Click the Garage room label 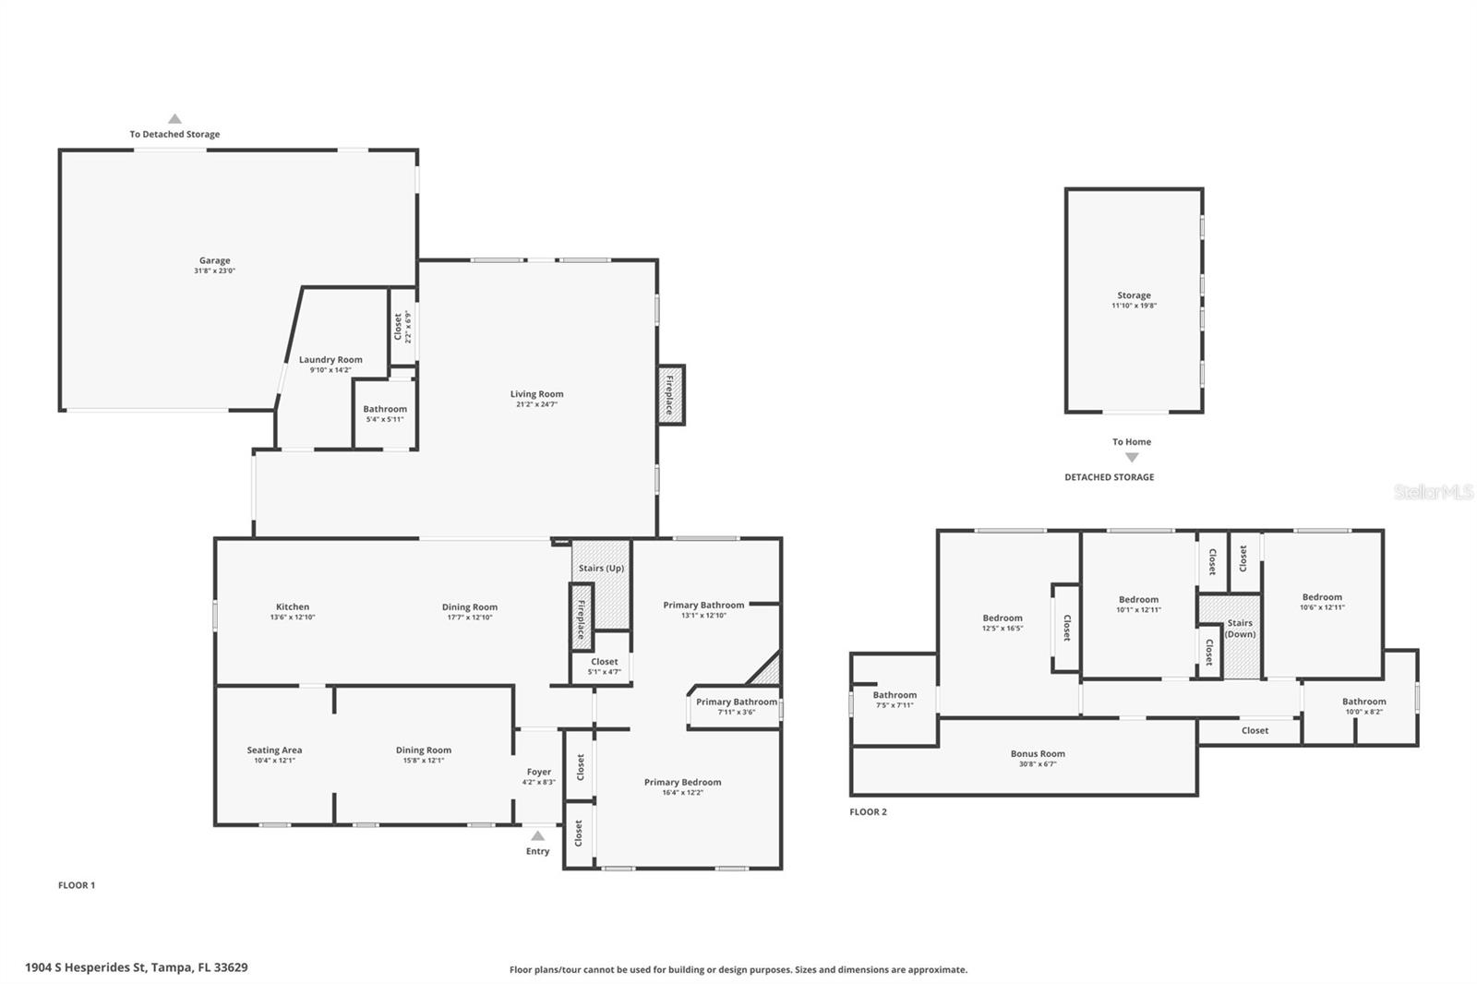(x=214, y=261)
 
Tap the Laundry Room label (x=330, y=360)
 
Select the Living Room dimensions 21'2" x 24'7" (x=536, y=404)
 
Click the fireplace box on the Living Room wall (x=670, y=395)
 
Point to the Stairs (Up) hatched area (x=602, y=583)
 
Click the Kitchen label (x=293, y=607)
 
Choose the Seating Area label (x=274, y=750)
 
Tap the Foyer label (x=539, y=772)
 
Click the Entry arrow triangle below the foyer (x=537, y=835)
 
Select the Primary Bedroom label (x=682, y=783)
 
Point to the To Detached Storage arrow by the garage (x=174, y=119)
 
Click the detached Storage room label (x=1134, y=295)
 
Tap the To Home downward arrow (x=1132, y=458)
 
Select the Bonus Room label (x=1038, y=754)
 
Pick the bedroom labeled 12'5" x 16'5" (x=1003, y=618)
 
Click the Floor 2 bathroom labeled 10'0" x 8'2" (x=1363, y=702)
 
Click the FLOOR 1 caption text (x=77, y=885)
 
